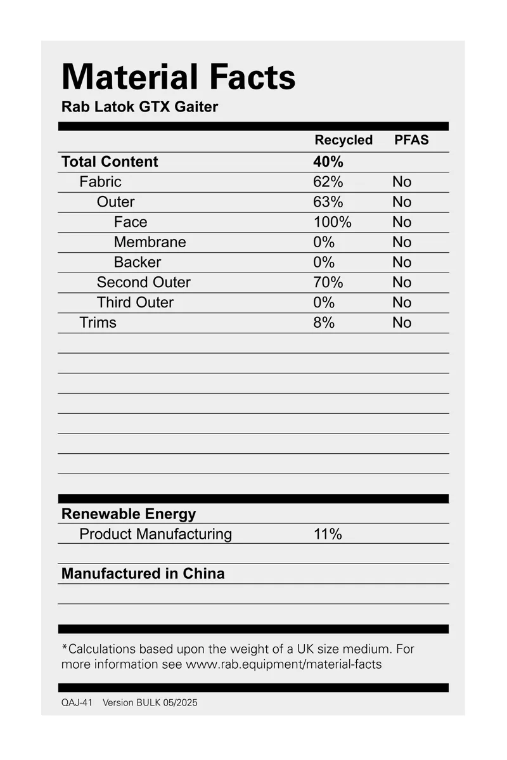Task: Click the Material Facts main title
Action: pos(178,77)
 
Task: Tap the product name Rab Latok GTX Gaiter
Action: pos(139,106)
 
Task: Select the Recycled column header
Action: pos(343,140)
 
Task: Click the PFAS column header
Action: pos(411,140)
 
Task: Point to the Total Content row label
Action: pos(110,162)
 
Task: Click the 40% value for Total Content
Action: pos(328,162)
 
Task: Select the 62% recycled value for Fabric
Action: pos(328,182)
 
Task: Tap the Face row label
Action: pos(131,222)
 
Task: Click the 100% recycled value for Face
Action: pos(332,222)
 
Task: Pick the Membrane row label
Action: pos(150,242)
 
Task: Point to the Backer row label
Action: pos(138,262)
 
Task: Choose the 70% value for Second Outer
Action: pos(328,282)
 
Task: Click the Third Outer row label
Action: pos(135,302)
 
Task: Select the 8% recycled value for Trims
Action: pos(324,323)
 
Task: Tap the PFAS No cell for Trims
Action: pos(402,323)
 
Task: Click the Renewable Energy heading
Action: pos(129,514)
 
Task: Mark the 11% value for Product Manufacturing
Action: pos(328,534)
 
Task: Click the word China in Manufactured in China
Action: pos(204,574)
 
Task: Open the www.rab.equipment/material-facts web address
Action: pos(283,664)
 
